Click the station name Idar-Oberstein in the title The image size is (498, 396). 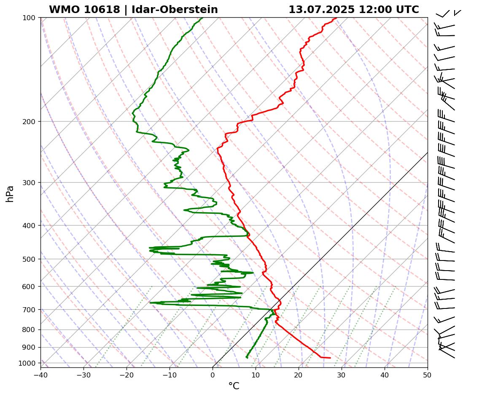point(175,10)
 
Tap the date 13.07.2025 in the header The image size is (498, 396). point(321,10)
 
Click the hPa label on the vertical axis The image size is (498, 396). point(10,194)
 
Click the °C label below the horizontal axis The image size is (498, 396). point(234,386)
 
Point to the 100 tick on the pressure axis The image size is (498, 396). point(32,18)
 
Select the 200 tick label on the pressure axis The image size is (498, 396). point(32,122)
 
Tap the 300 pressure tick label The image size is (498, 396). point(32,183)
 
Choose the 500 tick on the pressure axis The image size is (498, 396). point(32,259)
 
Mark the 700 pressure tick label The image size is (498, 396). point(32,310)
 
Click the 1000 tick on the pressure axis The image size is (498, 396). point(30,363)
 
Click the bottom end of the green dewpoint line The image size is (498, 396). point(247,358)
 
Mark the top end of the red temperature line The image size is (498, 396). point(336,18)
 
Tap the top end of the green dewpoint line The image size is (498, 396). point(202,18)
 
